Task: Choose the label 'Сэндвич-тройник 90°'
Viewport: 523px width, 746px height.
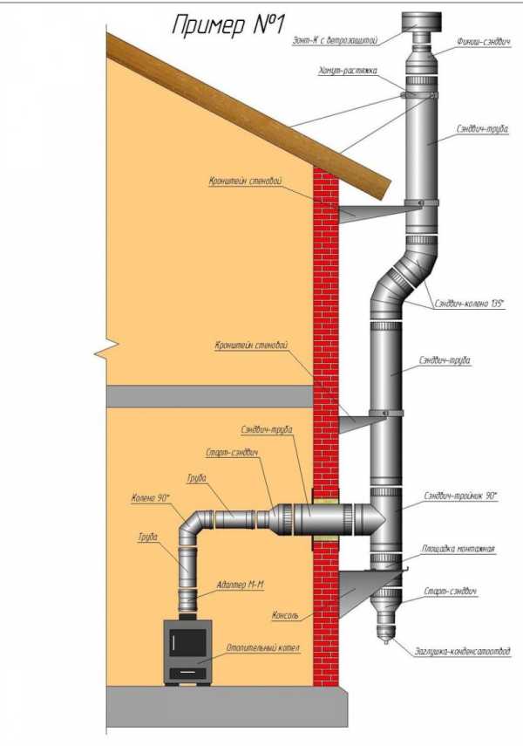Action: pos(460,496)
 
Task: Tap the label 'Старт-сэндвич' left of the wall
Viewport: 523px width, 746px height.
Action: pos(233,454)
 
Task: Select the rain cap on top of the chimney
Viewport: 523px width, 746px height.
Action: pos(418,24)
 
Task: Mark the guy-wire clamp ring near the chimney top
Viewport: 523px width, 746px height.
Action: pos(419,94)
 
